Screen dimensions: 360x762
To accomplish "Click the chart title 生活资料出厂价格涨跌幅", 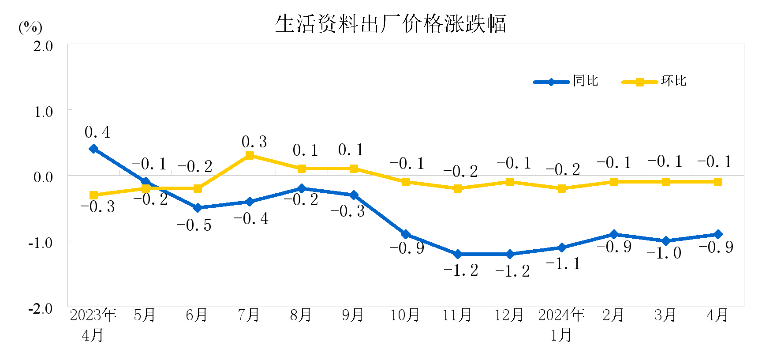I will [x=390, y=24].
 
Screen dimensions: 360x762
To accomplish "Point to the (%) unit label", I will [x=30, y=27].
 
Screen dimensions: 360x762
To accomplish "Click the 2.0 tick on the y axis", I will [x=43, y=46].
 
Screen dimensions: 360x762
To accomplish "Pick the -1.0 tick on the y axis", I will [x=40, y=243].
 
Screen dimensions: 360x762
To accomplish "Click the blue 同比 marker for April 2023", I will [x=93, y=149].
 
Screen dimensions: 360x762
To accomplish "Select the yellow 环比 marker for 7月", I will [x=250, y=155].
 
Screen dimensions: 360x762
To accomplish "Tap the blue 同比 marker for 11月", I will [x=458, y=254].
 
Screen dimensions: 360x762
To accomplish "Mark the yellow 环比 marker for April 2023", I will [x=93, y=195].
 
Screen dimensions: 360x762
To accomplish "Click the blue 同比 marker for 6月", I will [x=198, y=208].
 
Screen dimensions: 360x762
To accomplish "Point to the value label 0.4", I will [x=97, y=132].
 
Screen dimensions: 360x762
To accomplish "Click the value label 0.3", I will [x=254, y=142].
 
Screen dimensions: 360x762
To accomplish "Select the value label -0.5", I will [x=194, y=225].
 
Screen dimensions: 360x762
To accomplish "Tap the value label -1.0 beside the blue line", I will [x=664, y=253].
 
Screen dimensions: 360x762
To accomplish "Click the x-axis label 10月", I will [x=405, y=315].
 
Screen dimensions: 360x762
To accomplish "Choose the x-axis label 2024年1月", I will [x=561, y=325].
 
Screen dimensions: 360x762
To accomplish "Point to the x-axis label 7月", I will [x=249, y=315].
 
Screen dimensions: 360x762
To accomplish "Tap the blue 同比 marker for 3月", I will [x=666, y=241].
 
